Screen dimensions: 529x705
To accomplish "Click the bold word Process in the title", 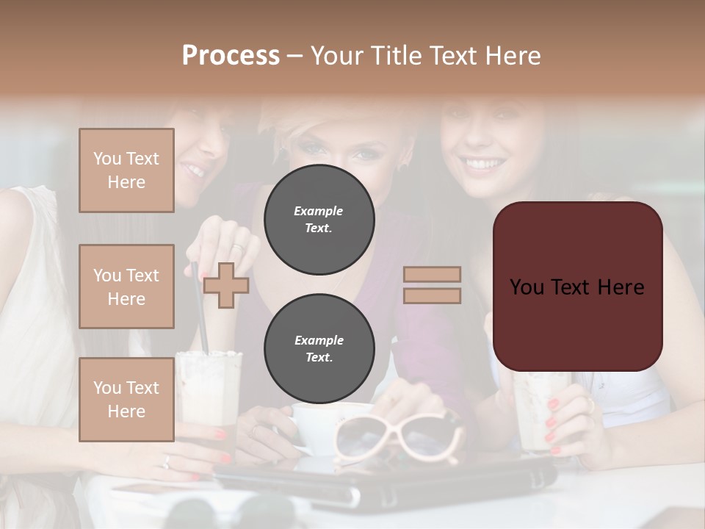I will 231,56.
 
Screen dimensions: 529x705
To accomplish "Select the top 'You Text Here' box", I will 126,170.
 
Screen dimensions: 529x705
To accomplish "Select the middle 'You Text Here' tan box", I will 126,287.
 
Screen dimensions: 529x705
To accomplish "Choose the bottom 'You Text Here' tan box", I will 126,399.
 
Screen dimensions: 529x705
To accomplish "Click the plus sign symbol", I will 225,285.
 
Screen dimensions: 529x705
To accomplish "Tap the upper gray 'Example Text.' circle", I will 319,220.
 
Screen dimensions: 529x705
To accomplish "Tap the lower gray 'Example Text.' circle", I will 319,348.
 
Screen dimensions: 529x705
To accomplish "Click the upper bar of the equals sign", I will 432,275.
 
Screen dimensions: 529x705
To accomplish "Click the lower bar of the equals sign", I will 432,295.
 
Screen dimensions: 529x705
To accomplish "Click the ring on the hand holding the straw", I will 239,247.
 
